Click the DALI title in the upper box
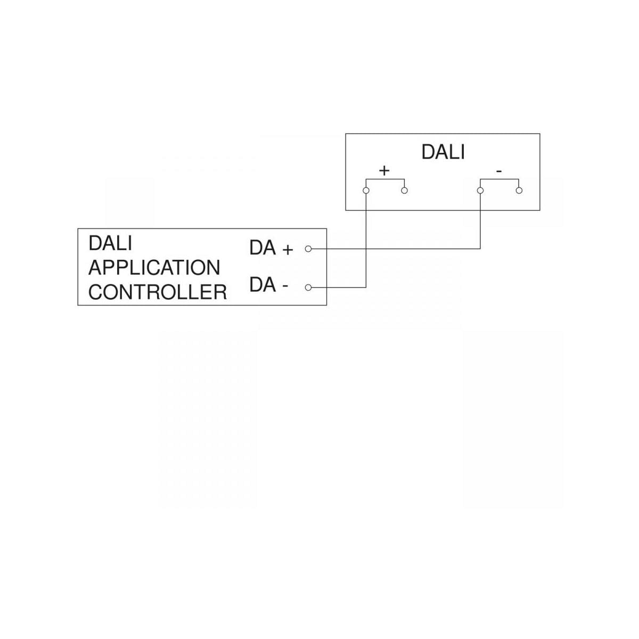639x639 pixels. tap(443, 152)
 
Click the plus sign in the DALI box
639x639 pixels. tap(384, 170)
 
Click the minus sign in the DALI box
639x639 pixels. tap(498, 171)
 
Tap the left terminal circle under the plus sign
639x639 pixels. tap(366, 191)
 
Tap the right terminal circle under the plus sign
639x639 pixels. tap(404, 191)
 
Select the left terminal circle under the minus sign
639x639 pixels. tap(480, 191)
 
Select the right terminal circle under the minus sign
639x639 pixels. tap(519, 191)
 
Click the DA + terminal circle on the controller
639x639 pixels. tap(308, 249)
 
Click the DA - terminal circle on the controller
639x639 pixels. tap(308, 288)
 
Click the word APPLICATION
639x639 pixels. tap(154, 268)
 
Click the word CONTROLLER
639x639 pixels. tap(157, 292)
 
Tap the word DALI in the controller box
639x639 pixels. tap(110, 243)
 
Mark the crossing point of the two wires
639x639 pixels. tap(366, 249)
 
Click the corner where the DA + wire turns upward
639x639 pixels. tap(480, 249)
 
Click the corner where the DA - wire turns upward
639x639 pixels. tap(366, 288)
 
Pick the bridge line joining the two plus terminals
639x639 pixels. tap(385, 179)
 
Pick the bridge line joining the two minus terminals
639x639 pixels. tap(499, 179)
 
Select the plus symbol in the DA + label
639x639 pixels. tap(288, 249)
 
